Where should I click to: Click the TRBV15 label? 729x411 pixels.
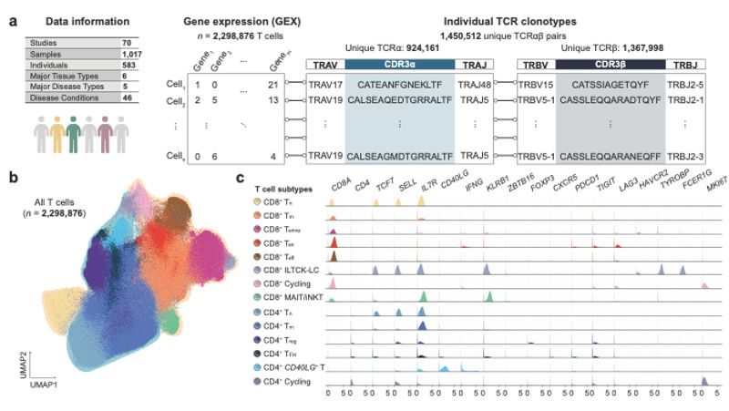pos(535,84)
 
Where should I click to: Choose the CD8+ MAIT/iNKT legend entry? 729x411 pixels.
pos(291,296)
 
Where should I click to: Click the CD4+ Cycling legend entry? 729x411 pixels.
pos(287,382)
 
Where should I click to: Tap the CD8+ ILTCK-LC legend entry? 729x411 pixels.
pos(291,270)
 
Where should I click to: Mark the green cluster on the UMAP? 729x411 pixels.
pos(169,322)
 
